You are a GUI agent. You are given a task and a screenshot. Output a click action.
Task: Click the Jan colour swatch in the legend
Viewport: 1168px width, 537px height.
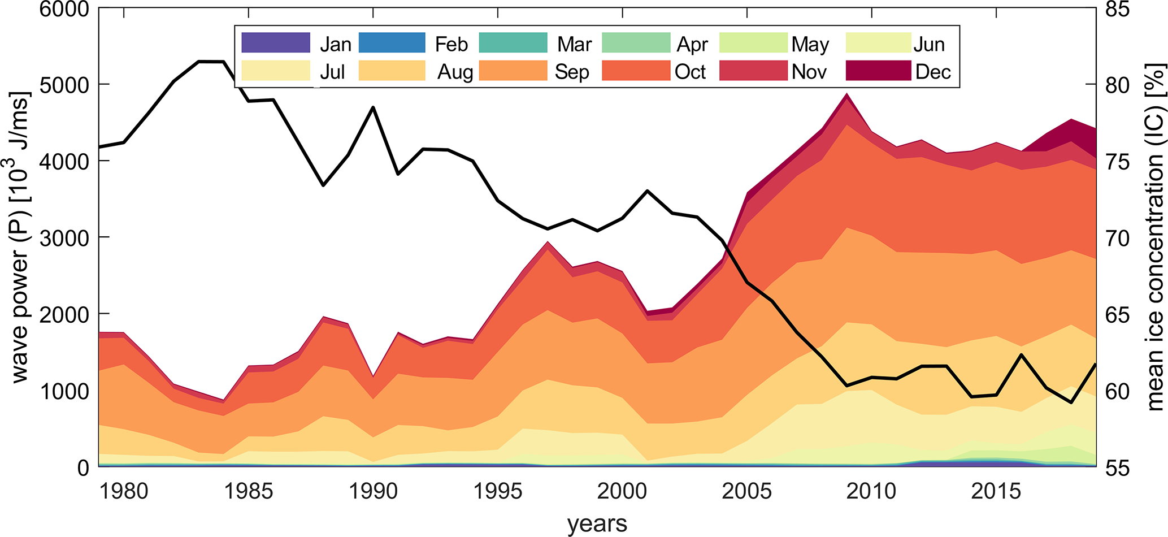(276, 43)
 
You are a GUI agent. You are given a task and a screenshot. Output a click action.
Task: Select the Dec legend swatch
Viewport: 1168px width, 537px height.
(878, 71)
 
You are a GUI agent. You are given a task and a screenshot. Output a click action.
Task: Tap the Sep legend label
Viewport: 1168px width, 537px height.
(572, 72)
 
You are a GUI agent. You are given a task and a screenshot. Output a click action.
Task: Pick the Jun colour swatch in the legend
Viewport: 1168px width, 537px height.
(878, 43)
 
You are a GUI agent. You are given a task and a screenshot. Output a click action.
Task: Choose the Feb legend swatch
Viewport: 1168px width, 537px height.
(392, 43)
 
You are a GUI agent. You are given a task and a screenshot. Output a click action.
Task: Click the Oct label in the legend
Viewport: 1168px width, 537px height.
(690, 72)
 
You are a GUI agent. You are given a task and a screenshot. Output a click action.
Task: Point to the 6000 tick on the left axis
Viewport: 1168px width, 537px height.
(64, 9)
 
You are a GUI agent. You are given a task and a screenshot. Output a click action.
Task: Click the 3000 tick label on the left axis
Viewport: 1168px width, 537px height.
(64, 238)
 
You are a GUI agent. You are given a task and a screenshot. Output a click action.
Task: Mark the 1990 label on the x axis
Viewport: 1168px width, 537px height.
(373, 491)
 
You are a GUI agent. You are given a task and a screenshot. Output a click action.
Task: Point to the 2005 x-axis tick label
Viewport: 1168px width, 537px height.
(747, 491)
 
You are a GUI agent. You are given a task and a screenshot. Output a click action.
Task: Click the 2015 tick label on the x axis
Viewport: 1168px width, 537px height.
(996, 491)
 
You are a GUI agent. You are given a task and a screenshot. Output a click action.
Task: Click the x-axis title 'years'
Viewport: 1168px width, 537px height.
(597, 523)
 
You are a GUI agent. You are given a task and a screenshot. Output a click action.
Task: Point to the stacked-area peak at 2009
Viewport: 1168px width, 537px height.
(846, 94)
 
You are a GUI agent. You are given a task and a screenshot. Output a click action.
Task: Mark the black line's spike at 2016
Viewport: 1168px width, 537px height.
(1021, 354)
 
